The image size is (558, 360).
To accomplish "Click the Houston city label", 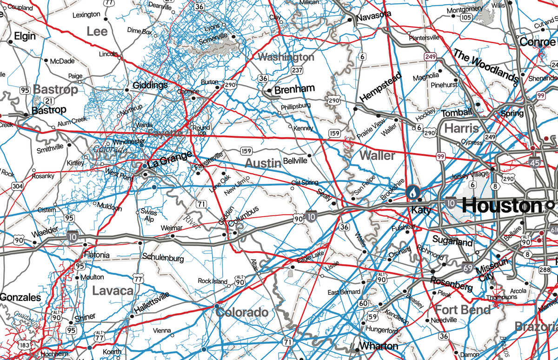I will [502, 205].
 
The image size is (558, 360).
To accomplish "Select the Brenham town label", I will [294, 89].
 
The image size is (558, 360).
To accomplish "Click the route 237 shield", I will [297, 70].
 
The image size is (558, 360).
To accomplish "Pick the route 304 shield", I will [17, 187].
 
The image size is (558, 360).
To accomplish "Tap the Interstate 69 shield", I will [469, 267].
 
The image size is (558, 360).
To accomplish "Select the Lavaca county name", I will [113, 291].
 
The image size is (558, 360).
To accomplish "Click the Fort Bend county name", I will [463, 309].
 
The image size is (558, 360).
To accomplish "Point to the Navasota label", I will [374, 16].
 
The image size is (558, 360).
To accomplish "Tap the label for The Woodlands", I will [486, 66].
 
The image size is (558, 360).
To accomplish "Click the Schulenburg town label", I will [163, 257].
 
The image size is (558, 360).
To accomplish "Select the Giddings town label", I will [150, 86].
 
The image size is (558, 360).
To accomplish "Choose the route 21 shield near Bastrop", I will [48, 100].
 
